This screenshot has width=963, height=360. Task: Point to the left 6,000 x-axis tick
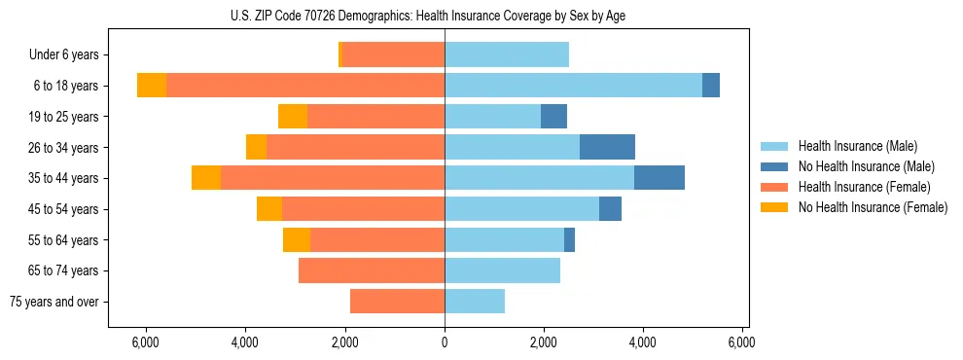pyautogui.click(x=145, y=342)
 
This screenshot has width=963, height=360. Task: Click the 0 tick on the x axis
pyautogui.click(x=445, y=342)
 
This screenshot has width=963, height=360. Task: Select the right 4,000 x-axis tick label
pyautogui.click(x=643, y=342)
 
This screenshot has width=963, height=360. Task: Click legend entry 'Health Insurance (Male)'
pyautogui.click(x=857, y=145)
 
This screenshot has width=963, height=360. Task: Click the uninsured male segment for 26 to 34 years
pyautogui.click(x=607, y=147)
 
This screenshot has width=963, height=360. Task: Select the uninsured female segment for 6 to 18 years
pyautogui.click(x=152, y=86)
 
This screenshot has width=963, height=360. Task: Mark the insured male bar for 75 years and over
pyautogui.click(x=475, y=302)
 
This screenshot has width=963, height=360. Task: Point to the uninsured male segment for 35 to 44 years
pyautogui.click(x=660, y=178)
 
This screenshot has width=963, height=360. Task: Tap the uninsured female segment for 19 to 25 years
pyautogui.click(x=293, y=117)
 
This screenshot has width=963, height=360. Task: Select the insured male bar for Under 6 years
pyautogui.click(x=507, y=54)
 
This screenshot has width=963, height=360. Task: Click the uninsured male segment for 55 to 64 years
pyautogui.click(x=569, y=239)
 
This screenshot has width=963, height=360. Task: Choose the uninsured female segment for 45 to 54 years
pyautogui.click(x=269, y=209)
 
